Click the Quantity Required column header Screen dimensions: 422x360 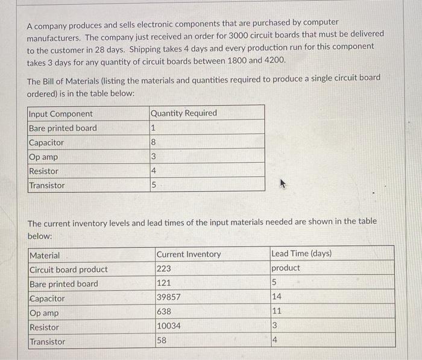click(183, 113)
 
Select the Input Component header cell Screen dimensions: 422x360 click(61, 114)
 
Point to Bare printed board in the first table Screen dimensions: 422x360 click(63, 128)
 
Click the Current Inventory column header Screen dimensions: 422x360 click(189, 254)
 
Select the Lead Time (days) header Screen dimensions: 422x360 click(301, 253)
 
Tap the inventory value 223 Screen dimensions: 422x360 click(164, 269)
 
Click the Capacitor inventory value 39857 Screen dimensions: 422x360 click(169, 297)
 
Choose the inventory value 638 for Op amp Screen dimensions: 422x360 click(164, 312)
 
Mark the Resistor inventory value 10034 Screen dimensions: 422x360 click(169, 326)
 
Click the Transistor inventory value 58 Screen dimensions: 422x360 click(162, 341)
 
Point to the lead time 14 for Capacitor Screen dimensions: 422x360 click(277, 297)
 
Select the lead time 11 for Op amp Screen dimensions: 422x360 click(277, 311)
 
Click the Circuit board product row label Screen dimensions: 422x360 click(69, 269)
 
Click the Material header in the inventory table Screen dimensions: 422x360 click(45, 256)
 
